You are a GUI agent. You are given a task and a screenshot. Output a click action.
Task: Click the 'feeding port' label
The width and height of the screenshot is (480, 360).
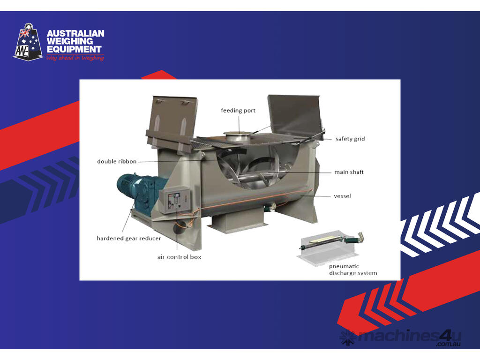[x=238, y=111]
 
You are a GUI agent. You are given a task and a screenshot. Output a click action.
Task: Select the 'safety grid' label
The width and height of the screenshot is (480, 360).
[x=350, y=139]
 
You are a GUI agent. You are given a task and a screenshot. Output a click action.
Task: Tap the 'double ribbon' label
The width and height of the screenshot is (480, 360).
[x=117, y=161]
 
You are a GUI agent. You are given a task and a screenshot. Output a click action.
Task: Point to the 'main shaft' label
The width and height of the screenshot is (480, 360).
[x=349, y=172]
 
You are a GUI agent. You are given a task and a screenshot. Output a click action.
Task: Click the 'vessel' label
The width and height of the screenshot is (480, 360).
[x=342, y=196]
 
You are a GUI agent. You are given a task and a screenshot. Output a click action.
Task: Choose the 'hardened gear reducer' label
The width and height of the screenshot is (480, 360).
[x=128, y=238]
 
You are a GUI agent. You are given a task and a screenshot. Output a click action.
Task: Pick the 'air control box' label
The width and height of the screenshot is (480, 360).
[x=179, y=257]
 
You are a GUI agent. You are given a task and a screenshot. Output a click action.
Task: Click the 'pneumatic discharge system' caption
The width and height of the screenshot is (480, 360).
[x=353, y=270]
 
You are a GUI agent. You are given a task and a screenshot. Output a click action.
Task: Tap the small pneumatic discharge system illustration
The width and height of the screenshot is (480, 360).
[x=330, y=247]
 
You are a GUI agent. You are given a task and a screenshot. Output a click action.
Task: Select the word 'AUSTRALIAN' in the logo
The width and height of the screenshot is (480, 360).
[x=75, y=33]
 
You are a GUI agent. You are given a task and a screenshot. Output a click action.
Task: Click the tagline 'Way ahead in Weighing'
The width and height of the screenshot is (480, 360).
[x=75, y=58]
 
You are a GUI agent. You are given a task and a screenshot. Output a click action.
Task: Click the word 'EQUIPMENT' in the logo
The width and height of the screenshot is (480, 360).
[x=74, y=49]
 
